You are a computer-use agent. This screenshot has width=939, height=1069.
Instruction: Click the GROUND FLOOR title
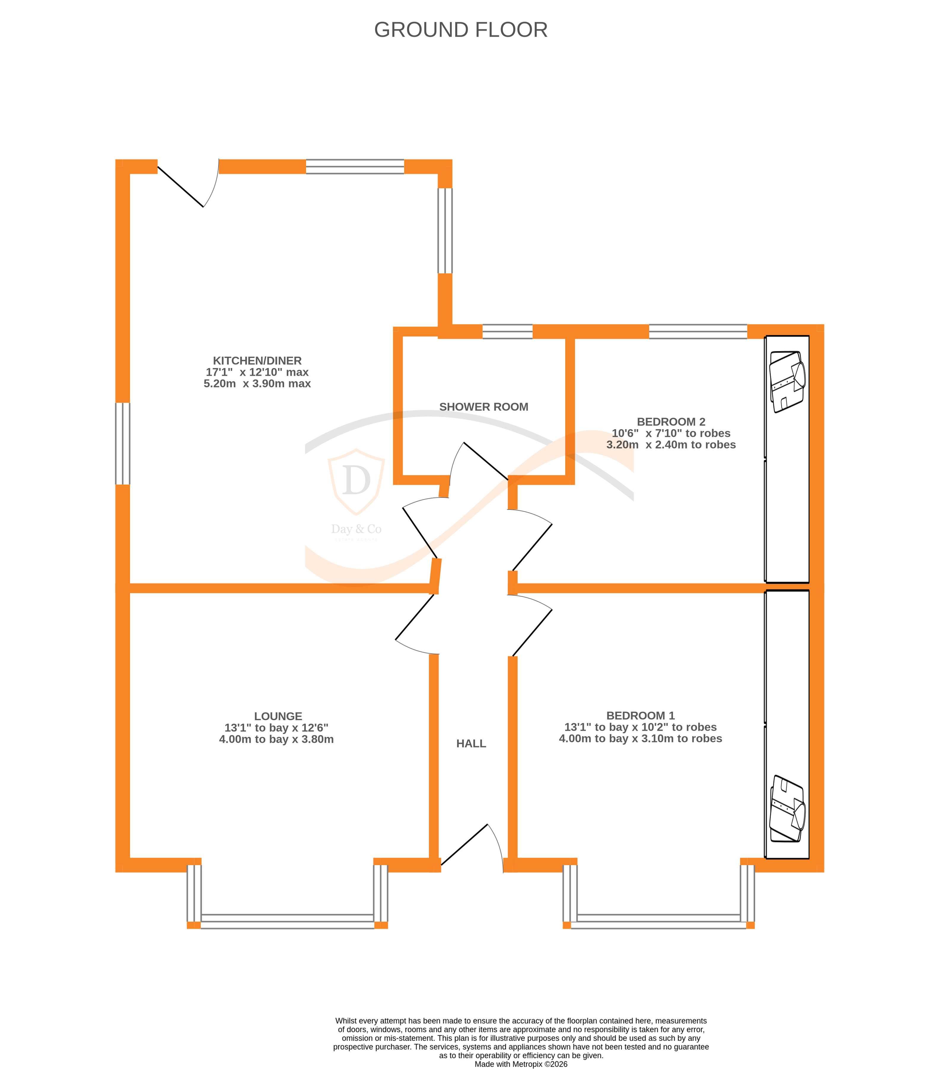460,30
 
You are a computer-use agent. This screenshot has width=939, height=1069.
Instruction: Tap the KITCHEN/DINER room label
257,361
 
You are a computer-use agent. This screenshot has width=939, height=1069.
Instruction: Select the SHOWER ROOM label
483,407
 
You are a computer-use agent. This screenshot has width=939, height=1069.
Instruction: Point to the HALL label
471,743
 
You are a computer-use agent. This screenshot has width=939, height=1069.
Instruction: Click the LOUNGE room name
278,716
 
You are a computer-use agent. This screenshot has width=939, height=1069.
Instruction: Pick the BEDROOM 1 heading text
640,715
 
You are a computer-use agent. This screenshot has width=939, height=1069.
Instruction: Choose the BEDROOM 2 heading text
671,422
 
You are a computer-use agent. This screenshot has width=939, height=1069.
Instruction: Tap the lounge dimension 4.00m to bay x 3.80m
276,739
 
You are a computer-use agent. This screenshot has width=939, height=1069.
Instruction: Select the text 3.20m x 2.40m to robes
671,445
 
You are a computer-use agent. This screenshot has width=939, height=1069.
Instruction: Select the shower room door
479,460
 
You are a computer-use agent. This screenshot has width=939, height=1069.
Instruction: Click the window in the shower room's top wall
507,331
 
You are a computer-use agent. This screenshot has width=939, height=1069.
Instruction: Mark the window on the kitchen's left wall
122,443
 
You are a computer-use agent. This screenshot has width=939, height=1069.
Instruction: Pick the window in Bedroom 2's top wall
698,331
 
